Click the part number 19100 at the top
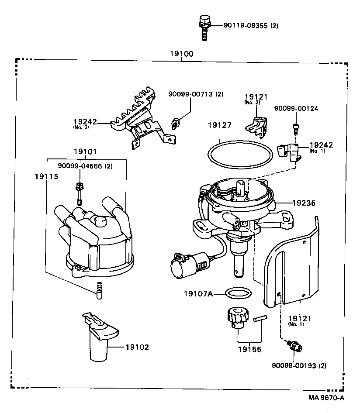pos(182,54)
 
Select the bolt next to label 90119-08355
pos(204,28)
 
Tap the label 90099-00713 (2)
pos(196,94)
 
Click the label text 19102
pos(137,348)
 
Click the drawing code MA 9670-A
pos(326,397)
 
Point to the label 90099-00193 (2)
pos(299,365)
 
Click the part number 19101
pos(85,152)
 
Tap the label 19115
pos(46,176)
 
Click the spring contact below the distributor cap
pos(99,289)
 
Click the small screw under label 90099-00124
pos(295,128)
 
